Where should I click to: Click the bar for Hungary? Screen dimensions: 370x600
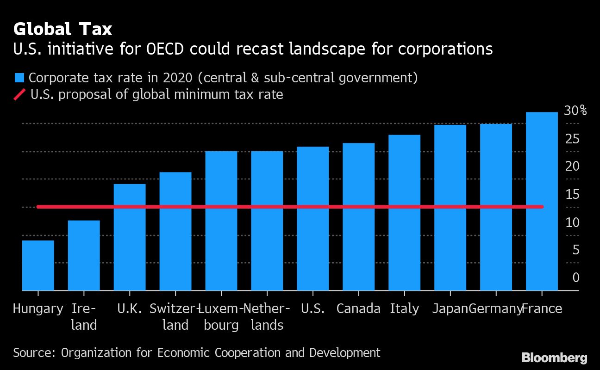click(x=38, y=265)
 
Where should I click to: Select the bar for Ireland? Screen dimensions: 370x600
click(x=84, y=255)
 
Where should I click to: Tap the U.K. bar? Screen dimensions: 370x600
click(x=130, y=237)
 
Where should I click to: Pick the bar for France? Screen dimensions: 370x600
click(x=542, y=201)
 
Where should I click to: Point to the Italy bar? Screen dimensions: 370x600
click(x=404, y=213)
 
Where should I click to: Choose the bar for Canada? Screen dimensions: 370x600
click(x=358, y=216)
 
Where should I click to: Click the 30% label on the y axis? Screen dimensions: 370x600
click(x=575, y=111)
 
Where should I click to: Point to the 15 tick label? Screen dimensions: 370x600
click(x=573, y=194)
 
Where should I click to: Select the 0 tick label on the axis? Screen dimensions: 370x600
click(x=575, y=277)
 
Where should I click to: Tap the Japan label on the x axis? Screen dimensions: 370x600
click(x=450, y=308)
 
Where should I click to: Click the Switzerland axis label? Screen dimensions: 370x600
click(x=175, y=317)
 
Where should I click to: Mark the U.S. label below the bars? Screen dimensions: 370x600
click(x=312, y=308)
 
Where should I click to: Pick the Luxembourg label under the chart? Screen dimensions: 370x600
click(x=221, y=317)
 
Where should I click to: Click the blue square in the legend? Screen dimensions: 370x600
click(x=19, y=77)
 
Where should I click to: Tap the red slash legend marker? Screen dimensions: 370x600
click(x=20, y=95)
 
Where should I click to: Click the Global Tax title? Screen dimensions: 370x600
click(x=62, y=29)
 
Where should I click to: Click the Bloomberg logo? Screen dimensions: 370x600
click(x=554, y=358)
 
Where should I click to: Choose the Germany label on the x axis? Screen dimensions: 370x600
click(x=495, y=308)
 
